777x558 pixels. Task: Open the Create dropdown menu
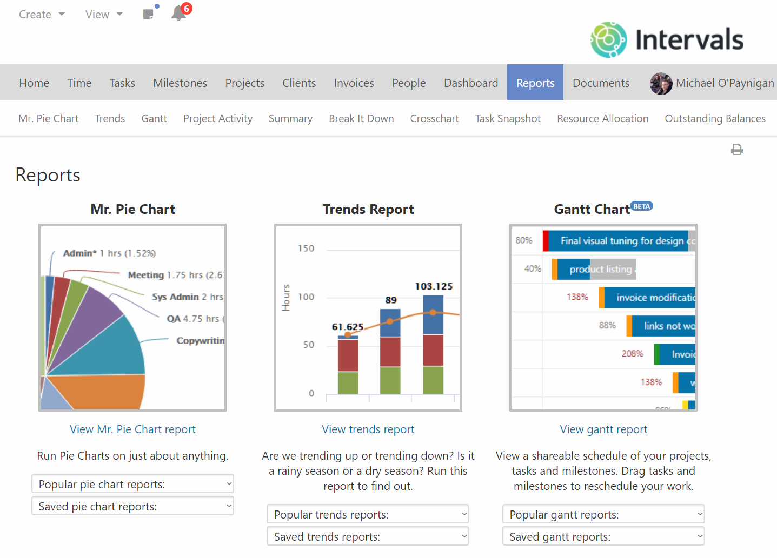pyautogui.click(x=42, y=15)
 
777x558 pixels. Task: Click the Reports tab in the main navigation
pyautogui.click(x=535, y=83)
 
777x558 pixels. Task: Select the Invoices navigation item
pyautogui.click(x=354, y=83)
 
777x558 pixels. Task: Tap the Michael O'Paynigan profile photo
pyautogui.click(x=661, y=83)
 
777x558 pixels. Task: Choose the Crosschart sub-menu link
pyautogui.click(x=434, y=118)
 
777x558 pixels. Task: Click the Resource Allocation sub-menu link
pyautogui.click(x=602, y=118)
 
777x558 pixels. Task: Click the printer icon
pyautogui.click(x=736, y=150)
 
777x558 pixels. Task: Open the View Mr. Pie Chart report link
pyautogui.click(x=132, y=429)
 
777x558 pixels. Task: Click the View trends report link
pyautogui.click(x=368, y=429)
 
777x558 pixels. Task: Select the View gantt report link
pyautogui.click(x=603, y=429)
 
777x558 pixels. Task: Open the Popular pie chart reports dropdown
pyautogui.click(x=132, y=484)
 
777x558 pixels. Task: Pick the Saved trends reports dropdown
pyautogui.click(x=368, y=536)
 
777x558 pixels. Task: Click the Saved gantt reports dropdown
pyautogui.click(x=603, y=536)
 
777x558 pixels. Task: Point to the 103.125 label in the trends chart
pyautogui.click(x=434, y=286)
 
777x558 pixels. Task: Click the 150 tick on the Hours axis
pyautogui.click(x=306, y=248)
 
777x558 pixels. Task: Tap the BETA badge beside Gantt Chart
pyautogui.click(x=642, y=206)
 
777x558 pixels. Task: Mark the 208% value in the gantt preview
pyautogui.click(x=632, y=354)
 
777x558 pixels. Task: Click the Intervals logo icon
pyautogui.click(x=608, y=39)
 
